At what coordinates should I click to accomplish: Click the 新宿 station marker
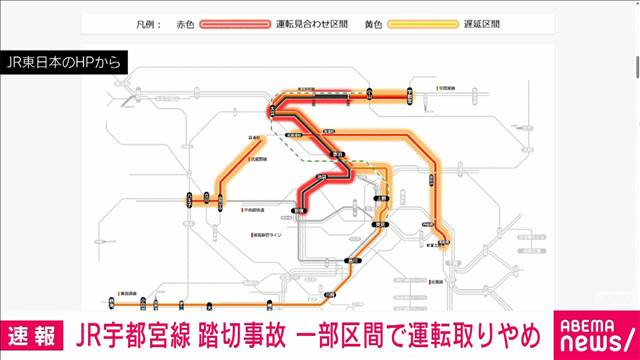click(297, 209)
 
